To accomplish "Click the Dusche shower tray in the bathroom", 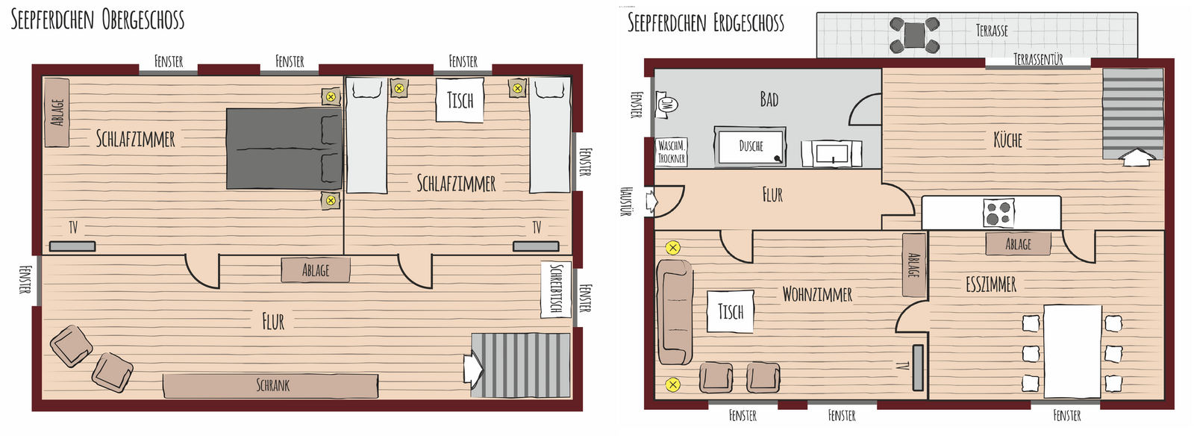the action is click(x=750, y=146).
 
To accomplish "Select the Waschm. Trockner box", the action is click(x=671, y=152).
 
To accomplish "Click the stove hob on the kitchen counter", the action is click(x=999, y=213).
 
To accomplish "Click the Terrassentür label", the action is click(x=1038, y=59).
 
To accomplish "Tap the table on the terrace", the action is click(x=914, y=34).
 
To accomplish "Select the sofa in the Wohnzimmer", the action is click(x=675, y=312).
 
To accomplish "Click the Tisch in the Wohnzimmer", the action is click(x=731, y=311).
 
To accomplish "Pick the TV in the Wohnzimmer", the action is click(x=917, y=367).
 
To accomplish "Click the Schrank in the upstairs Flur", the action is click(x=270, y=385).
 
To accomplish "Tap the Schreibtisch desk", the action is click(x=556, y=290).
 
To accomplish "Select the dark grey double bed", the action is click(x=284, y=149).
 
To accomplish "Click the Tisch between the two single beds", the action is click(x=460, y=100).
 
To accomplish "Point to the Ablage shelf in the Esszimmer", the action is click(x=1018, y=244).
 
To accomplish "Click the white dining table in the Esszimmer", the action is click(x=1072, y=351).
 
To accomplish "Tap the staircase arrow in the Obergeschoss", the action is click(x=473, y=368).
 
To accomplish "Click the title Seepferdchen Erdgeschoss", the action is click(x=706, y=23).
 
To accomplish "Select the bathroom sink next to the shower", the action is click(x=831, y=154).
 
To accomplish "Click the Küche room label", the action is click(x=1007, y=140).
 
